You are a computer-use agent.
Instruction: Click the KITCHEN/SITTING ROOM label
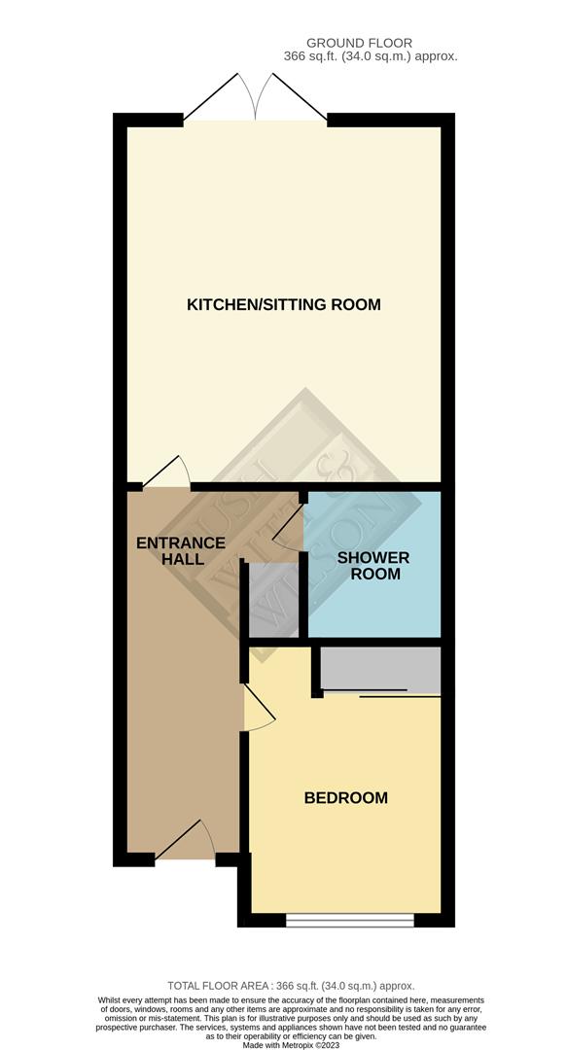(x=283, y=305)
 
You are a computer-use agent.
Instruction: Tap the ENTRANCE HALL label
(x=181, y=551)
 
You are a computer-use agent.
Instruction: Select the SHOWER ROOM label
(x=373, y=566)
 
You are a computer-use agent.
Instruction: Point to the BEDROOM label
(x=345, y=798)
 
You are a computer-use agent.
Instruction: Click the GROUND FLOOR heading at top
(x=359, y=43)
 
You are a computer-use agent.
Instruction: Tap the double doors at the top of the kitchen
(x=256, y=98)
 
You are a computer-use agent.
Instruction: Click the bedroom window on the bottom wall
(x=350, y=916)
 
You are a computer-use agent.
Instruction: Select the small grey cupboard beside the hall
(x=272, y=599)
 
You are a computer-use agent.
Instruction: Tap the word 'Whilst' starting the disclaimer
(x=113, y=999)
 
